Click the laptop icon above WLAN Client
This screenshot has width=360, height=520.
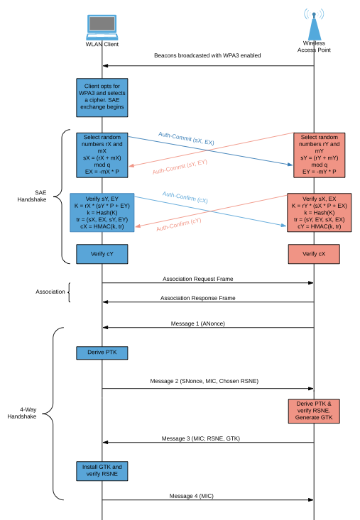click(x=102, y=26)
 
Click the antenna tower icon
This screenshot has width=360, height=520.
click(x=313, y=26)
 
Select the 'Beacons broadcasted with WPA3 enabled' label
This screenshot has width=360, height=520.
click(x=207, y=55)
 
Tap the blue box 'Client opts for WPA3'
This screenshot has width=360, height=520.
click(x=102, y=97)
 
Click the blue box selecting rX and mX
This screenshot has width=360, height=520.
click(x=102, y=153)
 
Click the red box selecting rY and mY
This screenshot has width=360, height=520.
click(x=313, y=153)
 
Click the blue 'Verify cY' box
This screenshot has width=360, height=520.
click(x=102, y=253)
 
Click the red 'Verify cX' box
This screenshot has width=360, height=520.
click(x=313, y=253)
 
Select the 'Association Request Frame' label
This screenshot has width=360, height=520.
click(x=207, y=279)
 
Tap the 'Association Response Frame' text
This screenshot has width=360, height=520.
click(x=207, y=298)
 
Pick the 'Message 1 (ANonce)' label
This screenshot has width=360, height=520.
click(x=207, y=323)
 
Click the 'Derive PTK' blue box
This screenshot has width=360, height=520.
click(x=102, y=353)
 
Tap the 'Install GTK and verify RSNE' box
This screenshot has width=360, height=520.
click(x=102, y=471)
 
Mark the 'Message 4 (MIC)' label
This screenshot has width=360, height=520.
click(x=207, y=495)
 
